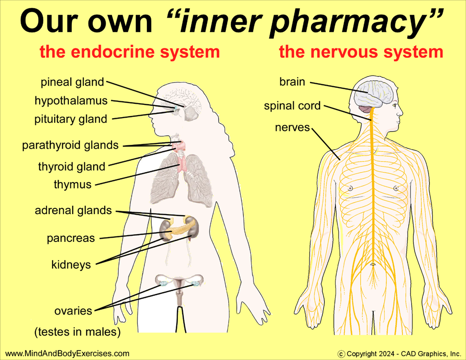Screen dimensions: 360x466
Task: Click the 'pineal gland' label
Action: [x=72, y=82]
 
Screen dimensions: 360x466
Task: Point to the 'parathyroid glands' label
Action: [x=70, y=145]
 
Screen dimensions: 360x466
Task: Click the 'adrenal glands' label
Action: [x=73, y=210]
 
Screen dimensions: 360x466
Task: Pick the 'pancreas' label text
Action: [x=70, y=238]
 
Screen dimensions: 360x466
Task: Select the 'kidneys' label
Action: [x=71, y=264]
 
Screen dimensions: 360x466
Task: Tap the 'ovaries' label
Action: [x=73, y=311]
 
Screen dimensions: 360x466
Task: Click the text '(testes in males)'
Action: [x=77, y=331]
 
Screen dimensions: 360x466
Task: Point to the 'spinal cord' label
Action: [x=292, y=106]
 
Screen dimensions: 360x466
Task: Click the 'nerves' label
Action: [x=292, y=128]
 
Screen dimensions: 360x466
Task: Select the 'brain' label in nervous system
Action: [x=292, y=82]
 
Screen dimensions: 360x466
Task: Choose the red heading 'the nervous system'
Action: [x=361, y=52]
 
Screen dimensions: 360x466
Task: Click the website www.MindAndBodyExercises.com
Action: [x=67, y=353]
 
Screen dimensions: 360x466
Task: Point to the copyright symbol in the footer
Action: [x=341, y=354]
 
